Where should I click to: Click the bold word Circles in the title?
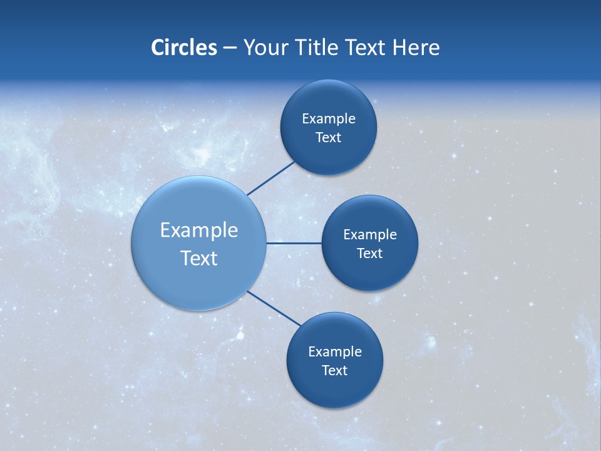pyautogui.click(x=183, y=48)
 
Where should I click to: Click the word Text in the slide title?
pyautogui.click(x=366, y=48)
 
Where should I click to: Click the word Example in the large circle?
pyautogui.click(x=199, y=231)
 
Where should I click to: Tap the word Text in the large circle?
pyautogui.click(x=199, y=258)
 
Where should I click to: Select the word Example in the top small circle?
pyautogui.click(x=329, y=119)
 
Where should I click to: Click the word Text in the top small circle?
pyautogui.click(x=329, y=138)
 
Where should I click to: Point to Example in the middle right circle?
pyautogui.click(x=370, y=235)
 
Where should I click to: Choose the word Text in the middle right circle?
pyautogui.click(x=370, y=254)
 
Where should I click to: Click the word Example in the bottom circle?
pyautogui.click(x=335, y=352)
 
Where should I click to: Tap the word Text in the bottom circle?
pyautogui.click(x=335, y=371)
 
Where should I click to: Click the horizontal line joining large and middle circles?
pyautogui.click(x=294, y=243)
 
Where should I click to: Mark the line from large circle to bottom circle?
pyautogui.click(x=274, y=308)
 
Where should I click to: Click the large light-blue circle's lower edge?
pyautogui.click(x=199, y=309)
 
